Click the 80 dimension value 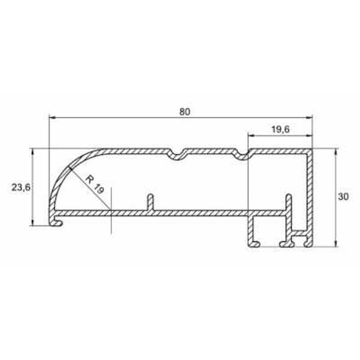pos(184,112)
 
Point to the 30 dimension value pos(344,197)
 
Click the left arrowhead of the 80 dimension pos(51,117)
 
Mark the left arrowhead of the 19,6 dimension pos(251,136)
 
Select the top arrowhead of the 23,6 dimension pos(33,151)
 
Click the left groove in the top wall pos(176,155)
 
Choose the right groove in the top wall pos(242,155)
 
